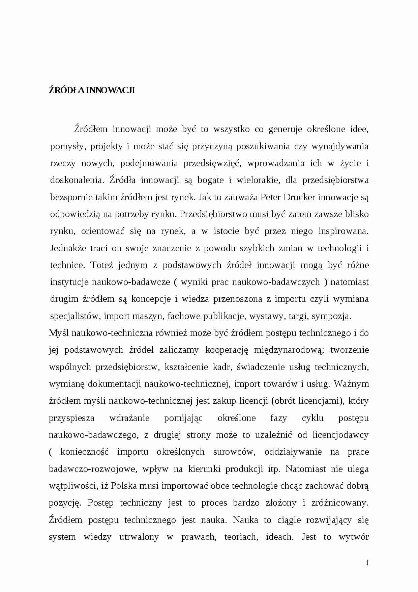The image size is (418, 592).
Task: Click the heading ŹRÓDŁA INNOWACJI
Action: tap(92, 90)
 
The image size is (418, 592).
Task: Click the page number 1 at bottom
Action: tap(367, 563)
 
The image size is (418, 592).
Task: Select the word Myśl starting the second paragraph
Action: tap(59, 333)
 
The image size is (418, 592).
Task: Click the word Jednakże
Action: tap(68, 248)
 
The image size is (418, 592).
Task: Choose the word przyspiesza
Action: tap(71, 418)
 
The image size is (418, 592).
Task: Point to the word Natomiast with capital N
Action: tap(306, 469)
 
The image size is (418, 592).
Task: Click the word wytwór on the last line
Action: tap(354, 537)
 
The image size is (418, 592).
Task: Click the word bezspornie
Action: tap(69, 197)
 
